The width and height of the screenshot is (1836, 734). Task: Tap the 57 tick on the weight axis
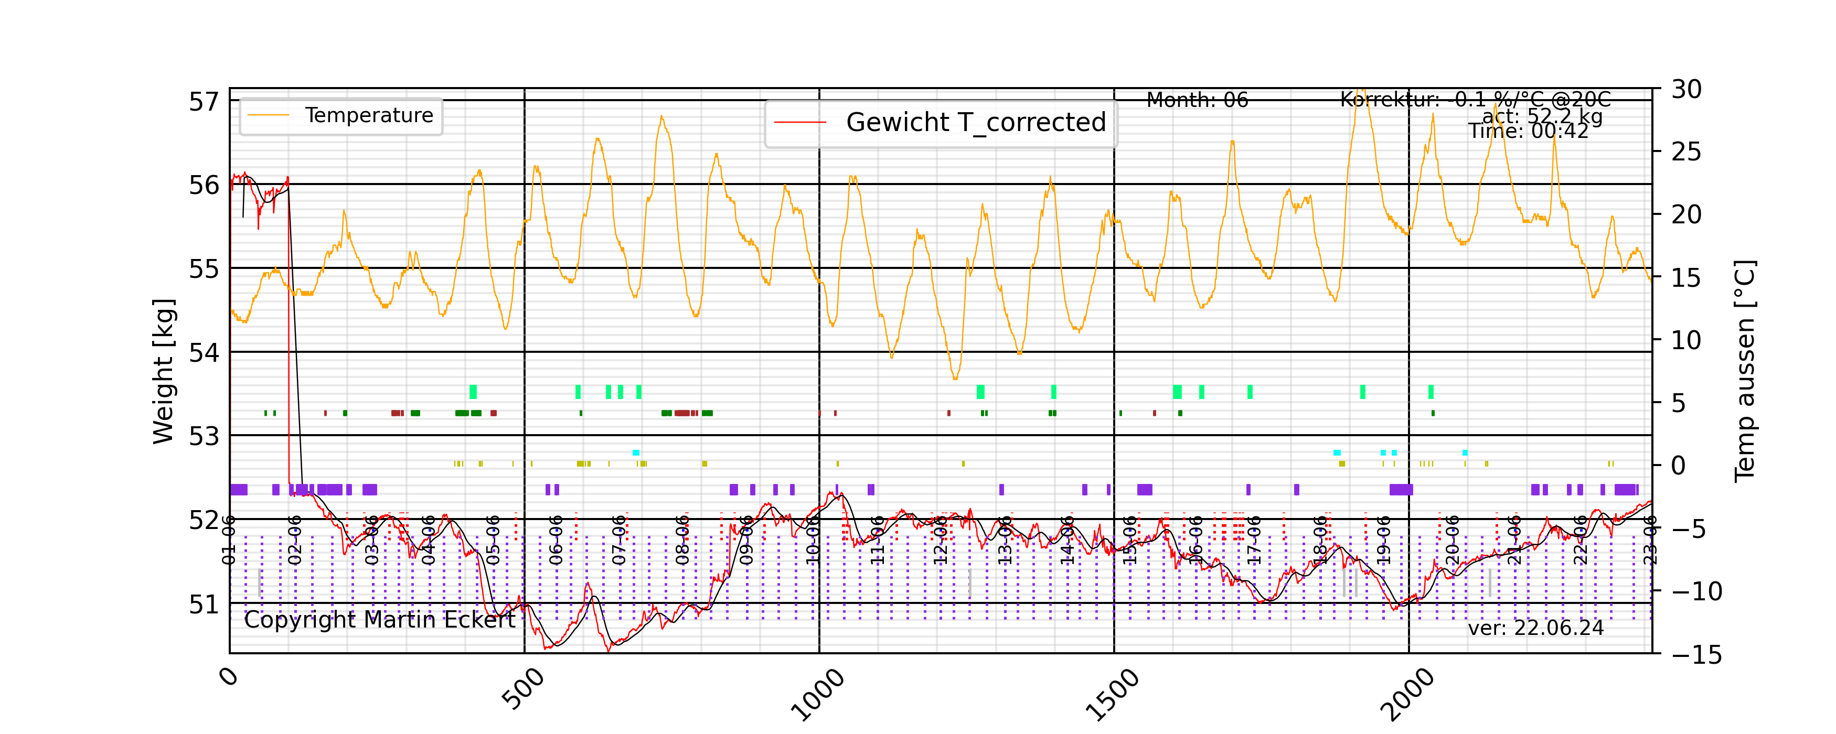tap(204, 102)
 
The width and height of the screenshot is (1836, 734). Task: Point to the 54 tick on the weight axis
tap(204, 352)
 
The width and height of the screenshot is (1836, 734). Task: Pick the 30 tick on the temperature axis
tap(1686, 90)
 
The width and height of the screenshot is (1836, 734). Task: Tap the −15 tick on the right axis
tap(1696, 654)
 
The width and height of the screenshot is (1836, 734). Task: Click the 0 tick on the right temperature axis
tap(1679, 466)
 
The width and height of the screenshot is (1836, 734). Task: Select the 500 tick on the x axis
tap(524, 690)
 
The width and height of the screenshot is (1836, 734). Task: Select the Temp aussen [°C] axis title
tap(1744, 371)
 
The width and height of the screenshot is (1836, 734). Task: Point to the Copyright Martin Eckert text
tap(379, 620)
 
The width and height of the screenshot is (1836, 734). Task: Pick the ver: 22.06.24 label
tap(1535, 628)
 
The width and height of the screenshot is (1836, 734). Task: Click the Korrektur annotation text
tap(1475, 100)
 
